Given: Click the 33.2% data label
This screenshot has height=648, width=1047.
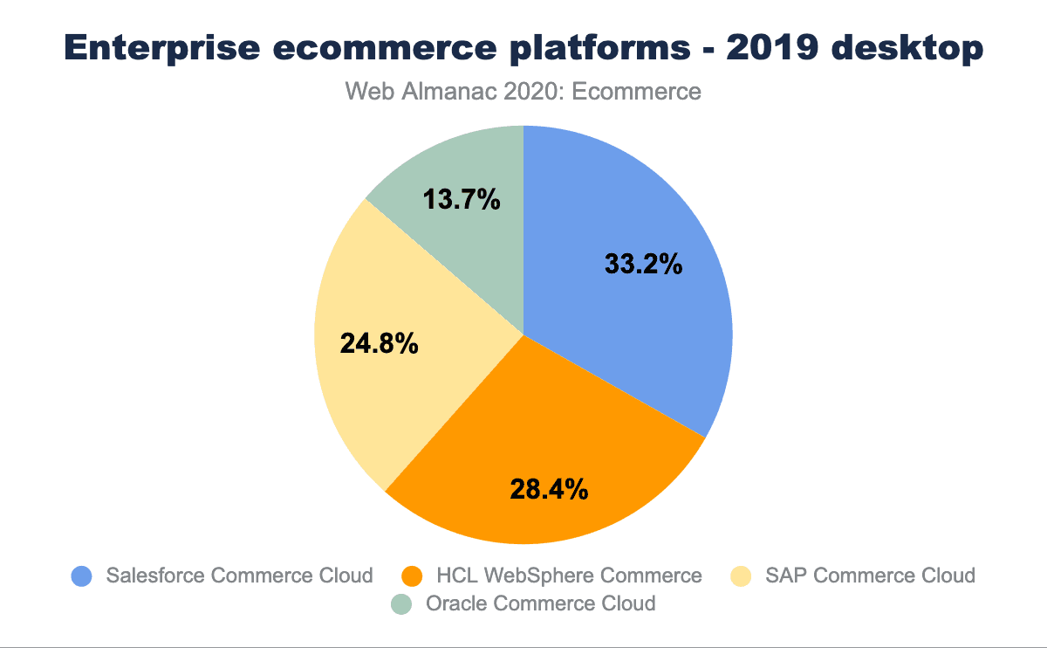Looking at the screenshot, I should [643, 263].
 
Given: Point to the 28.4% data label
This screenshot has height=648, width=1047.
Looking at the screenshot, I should [549, 489].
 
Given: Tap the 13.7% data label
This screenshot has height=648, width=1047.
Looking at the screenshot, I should [462, 200].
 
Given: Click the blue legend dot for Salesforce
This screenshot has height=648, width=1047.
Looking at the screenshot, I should [81, 576].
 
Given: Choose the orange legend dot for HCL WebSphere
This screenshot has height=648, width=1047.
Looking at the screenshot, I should [412, 576].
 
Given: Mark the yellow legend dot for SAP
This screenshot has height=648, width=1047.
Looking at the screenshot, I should [740, 576].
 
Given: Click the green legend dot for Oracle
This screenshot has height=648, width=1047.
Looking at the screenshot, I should [400, 603].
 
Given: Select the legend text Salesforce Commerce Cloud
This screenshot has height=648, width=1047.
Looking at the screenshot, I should [239, 576].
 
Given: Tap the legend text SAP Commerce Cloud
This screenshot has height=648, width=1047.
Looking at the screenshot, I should [870, 576].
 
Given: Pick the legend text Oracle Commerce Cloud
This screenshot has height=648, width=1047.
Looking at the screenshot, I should [540, 603].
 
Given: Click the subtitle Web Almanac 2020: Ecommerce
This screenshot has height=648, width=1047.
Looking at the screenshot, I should [523, 91].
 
